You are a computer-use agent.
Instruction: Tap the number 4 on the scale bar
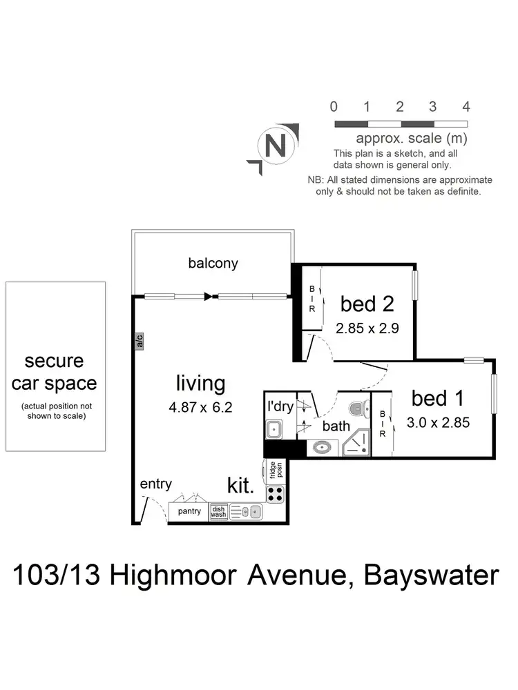coord(466,107)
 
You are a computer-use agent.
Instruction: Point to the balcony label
coord(213,263)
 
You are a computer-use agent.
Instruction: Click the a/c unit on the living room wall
coord(139,340)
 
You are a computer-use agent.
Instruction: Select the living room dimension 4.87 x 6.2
coord(200,407)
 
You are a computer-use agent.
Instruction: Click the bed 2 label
coord(367,304)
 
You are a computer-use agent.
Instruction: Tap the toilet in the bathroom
coord(356,409)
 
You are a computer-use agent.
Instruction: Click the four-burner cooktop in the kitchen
coord(275,493)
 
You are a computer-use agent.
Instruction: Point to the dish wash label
coord(218,511)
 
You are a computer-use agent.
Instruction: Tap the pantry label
coord(189,511)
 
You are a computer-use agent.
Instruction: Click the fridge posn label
coord(274,470)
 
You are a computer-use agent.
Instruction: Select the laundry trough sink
coord(274,429)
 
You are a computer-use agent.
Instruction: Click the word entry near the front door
coord(155,484)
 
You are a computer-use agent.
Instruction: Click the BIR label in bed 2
coord(311,299)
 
